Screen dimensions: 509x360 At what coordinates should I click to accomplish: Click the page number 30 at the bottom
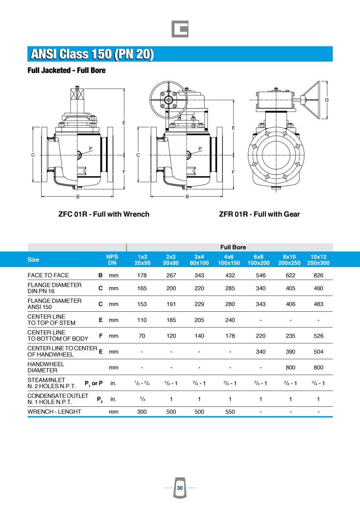click(x=180, y=488)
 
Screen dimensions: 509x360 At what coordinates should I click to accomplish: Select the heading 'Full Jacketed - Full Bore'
click(x=67, y=70)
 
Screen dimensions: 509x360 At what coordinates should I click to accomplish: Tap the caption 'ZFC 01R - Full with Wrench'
click(x=104, y=214)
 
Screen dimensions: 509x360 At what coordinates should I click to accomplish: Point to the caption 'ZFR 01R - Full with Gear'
click(x=259, y=214)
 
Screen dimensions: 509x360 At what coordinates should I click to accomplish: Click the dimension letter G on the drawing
click(x=327, y=100)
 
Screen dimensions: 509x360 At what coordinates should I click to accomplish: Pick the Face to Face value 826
click(x=318, y=275)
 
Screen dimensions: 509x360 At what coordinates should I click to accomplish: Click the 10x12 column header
click(x=318, y=260)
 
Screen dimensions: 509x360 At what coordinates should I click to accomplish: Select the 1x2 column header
click(x=142, y=260)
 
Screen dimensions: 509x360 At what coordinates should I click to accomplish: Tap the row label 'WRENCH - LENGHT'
click(x=54, y=411)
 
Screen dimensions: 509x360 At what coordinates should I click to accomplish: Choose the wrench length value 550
click(x=230, y=411)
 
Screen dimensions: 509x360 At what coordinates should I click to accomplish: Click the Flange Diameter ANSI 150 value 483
click(x=318, y=304)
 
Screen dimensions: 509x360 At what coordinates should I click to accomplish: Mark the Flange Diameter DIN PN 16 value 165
click(x=142, y=288)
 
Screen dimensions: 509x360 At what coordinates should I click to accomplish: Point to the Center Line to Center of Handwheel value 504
click(x=318, y=352)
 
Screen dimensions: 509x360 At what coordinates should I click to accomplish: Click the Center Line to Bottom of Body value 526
click(x=318, y=336)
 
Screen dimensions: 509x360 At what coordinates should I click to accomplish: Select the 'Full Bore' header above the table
click(x=233, y=247)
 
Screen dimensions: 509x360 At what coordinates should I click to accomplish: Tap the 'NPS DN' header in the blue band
click(x=112, y=260)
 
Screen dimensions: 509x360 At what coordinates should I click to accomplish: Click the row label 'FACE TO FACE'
click(x=48, y=275)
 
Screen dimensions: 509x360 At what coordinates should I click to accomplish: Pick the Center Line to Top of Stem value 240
click(x=230, y=320)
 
